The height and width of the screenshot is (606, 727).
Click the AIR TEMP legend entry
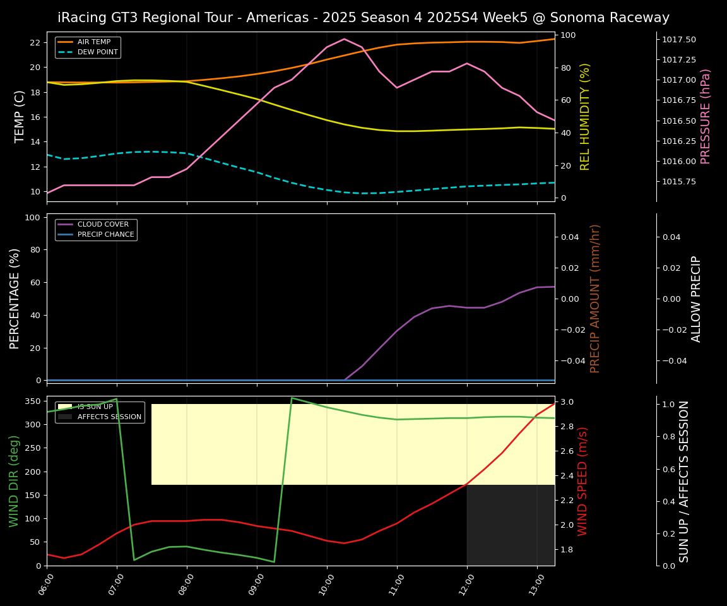[x=93, y=42]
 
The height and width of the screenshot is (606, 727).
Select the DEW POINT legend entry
[x=97, y=52]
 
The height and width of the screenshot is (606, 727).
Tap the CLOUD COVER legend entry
[x=103, y=225]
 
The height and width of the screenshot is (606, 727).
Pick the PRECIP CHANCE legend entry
[x=105, y=235]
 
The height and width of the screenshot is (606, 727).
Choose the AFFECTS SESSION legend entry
[x=109, y=417]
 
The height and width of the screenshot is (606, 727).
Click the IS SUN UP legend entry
[x=95, y=407]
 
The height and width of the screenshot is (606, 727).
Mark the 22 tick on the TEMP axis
[x=35, y=43]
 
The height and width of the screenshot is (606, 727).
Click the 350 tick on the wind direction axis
[x=32, y=401]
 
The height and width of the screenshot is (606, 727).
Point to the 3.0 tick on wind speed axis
[x=566, y=402]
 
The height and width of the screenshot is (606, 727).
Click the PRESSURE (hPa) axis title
[x=706, y=117]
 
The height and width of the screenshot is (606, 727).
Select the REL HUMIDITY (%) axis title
[x=585, y=117]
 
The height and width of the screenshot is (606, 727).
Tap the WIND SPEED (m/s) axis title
[x=582, y=481]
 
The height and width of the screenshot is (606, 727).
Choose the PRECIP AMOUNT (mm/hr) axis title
[x=595, y=299]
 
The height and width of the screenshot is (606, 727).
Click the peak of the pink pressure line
[x=344, y=39]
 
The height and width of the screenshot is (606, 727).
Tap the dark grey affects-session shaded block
[x=511, y=525]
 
